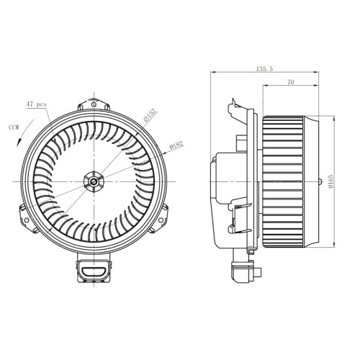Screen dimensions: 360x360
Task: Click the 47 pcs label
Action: (x=36, y=104)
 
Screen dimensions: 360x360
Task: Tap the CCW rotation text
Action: (x=14, y=127)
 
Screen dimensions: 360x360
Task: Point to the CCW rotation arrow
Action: (x=25, y=132)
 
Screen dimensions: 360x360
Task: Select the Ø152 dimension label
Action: (x=150, y=115)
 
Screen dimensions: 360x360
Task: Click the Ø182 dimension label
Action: (x=176, y=145)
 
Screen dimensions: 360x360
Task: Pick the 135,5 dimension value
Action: (x=264, y=69)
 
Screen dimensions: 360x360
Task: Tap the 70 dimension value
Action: (x=291, y=82)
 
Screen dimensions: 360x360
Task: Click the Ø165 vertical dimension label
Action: (x=330, y=181)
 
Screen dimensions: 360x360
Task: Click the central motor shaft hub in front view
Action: (x=94, y=181)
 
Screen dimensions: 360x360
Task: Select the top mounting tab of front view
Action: (x=94, y=104)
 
